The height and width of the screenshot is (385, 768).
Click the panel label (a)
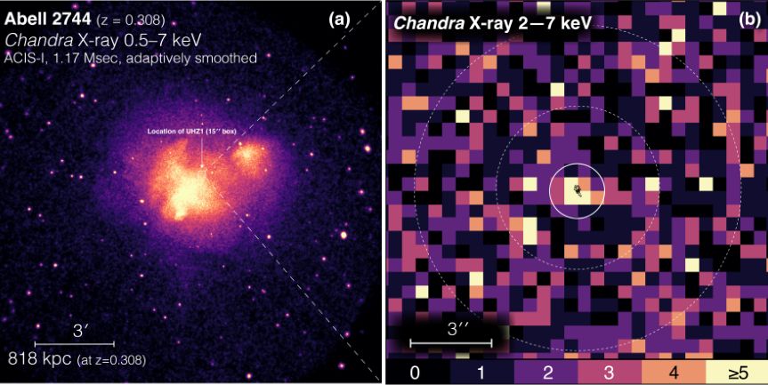(x=339, y=18)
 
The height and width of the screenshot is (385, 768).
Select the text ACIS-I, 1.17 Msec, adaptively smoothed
(x=132, y=58)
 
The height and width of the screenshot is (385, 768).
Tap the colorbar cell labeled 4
(x=673, y=370)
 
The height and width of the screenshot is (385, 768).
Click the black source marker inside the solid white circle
(x=578, y=189)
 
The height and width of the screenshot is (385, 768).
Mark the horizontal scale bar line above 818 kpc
(x=74, y=342)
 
